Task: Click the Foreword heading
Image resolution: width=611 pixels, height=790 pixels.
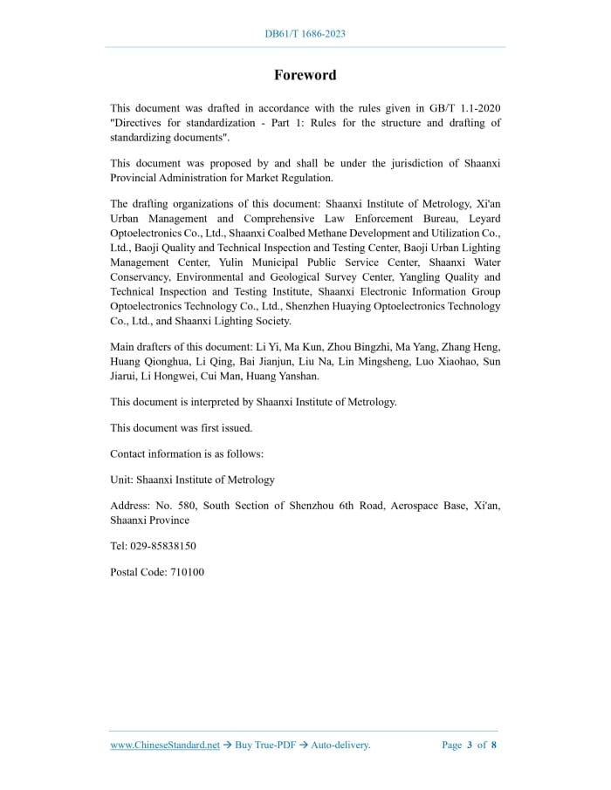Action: click(x=305, y=75)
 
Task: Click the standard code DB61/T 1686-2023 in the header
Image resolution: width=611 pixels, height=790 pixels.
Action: click(x=305, y=34)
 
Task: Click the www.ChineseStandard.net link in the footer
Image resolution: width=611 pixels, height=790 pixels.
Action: click(x=165, y=745)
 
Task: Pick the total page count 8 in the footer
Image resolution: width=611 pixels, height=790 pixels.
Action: click(x=494, y=745)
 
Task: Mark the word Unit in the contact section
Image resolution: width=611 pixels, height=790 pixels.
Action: click(x=120, y=480)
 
